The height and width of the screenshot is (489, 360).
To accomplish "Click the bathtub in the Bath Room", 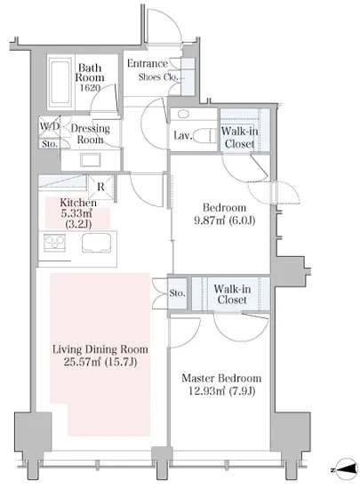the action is [x=60, y=82].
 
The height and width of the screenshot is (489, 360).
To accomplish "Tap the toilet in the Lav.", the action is [x=204, y=136].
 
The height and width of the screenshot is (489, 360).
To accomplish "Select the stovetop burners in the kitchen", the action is [x=54, y=243].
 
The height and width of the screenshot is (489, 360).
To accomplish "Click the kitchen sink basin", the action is [x=97, y=243].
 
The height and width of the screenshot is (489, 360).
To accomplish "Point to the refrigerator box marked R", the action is [x=100, y=187].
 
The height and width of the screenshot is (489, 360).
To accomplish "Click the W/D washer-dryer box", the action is [x=49, y=126].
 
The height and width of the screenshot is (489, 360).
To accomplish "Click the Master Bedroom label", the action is [x=221, y=378].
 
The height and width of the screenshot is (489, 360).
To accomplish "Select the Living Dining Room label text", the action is [x=100, y=349].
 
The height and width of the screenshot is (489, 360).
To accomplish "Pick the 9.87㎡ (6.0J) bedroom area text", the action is [x=224, y=220].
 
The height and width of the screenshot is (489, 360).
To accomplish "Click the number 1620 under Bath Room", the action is [x=90, y=88].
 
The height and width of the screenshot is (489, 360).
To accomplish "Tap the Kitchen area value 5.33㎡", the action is [x=76, y=213].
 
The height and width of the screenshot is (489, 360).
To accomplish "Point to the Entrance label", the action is [x=148, y=64].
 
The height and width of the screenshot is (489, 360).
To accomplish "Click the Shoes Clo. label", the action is [x=158, y=77].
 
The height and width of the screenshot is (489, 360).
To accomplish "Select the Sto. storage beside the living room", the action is [x=178, y=293].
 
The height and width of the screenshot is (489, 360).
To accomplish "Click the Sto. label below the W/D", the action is [x=50, y=144].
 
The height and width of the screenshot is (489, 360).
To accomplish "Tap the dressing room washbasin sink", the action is [x=91, y=160].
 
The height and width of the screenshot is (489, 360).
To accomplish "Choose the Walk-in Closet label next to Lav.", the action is [x=239, y=138].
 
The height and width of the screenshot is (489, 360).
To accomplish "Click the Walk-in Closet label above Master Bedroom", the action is [x=232, y=294].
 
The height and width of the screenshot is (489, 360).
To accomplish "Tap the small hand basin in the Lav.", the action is [x=183, y=114].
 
